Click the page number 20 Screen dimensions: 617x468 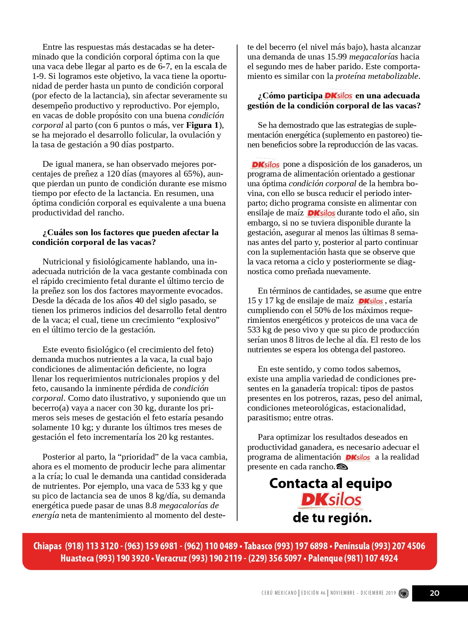point(435,593)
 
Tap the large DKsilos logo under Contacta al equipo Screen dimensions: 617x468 point(331,500)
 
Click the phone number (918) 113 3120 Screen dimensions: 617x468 point(92,546)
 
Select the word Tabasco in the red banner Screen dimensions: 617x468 point(258,546)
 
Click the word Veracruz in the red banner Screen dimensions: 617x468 point(171,558)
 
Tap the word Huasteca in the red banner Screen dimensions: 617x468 point(77,558)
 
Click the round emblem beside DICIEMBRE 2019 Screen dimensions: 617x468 point(404,593)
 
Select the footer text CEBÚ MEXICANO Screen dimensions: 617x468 point(279,593)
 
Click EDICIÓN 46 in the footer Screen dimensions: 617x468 point(313,593)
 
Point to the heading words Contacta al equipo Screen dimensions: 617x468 point(330,483)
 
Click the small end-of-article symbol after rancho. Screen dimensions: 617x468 point(342,467)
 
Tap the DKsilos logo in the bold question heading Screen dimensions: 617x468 point(338,96)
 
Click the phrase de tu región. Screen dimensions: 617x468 point(332,518)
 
